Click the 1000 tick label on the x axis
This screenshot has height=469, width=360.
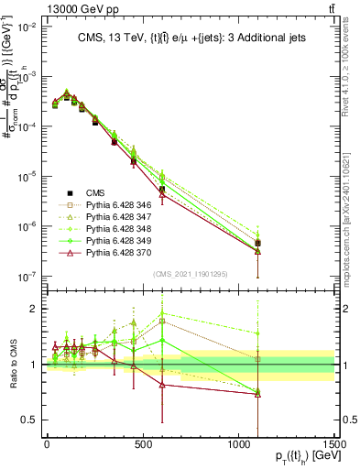(238, 445)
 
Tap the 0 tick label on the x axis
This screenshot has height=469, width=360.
(47, 445)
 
